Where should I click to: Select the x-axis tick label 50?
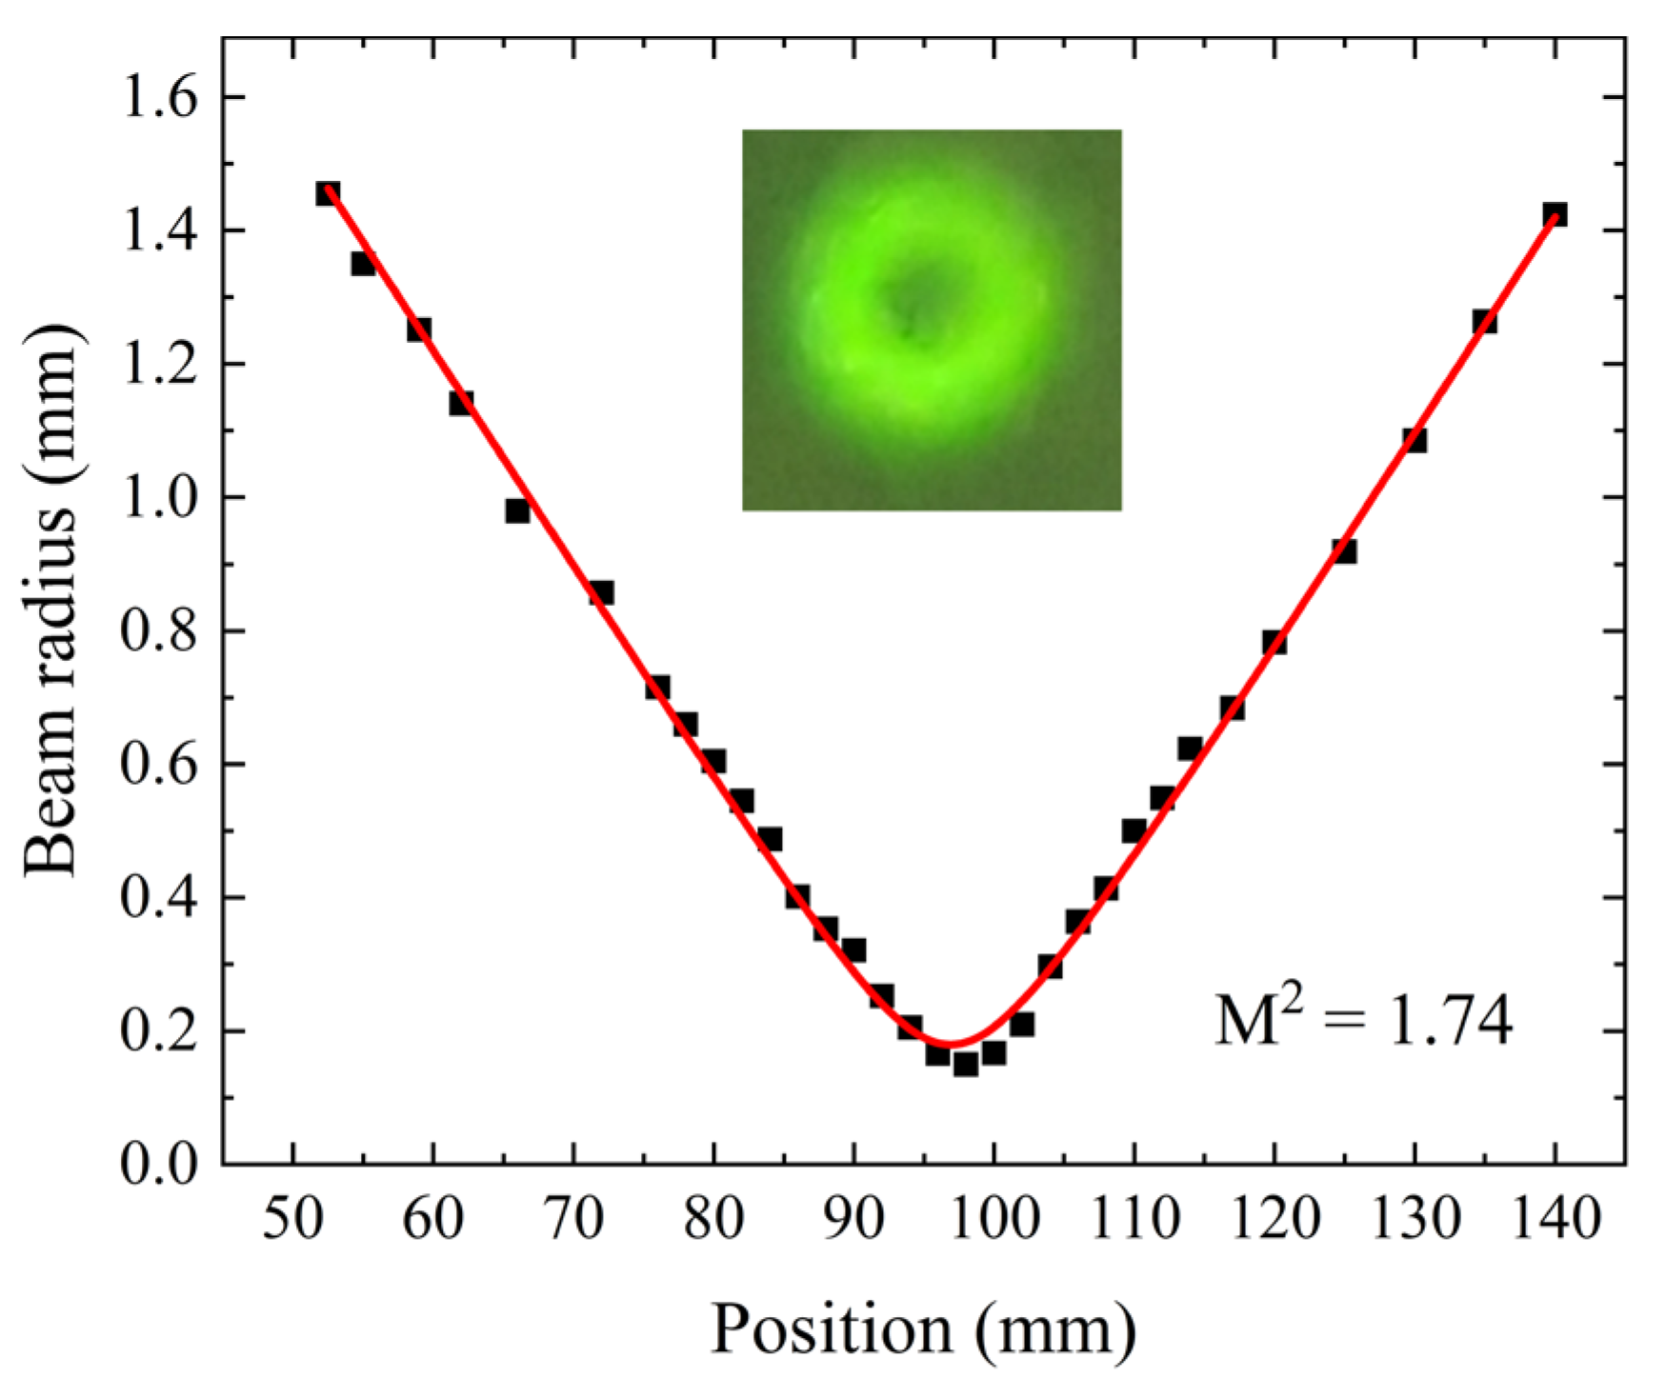(292, 1218)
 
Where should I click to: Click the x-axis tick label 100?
(993, 1218)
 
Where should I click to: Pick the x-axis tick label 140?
(1554, 1218)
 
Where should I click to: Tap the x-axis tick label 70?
(572, 1218)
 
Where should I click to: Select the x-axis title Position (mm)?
(923, 1328)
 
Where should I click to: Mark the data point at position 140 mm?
(1555, 214)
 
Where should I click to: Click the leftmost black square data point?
(328, 193)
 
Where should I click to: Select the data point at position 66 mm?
(517, 510)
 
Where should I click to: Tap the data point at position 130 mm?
(1415, 440)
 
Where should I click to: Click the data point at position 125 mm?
(1344, 550)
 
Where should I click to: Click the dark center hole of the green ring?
(913, 307)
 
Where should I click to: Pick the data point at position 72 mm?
(601, 592)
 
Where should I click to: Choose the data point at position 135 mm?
(1484, 321)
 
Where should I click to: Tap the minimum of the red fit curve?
(953, 1044)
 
